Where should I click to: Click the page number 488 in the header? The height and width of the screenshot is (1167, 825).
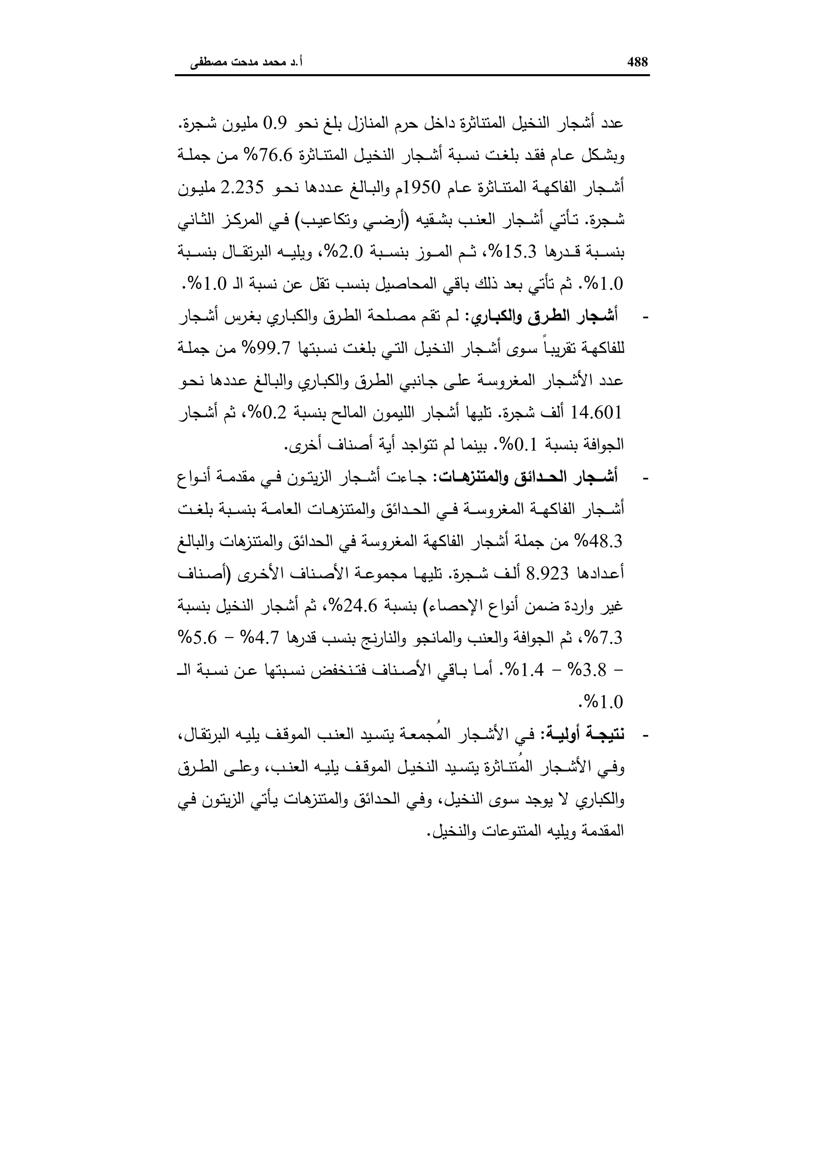[x=638, y=62]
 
